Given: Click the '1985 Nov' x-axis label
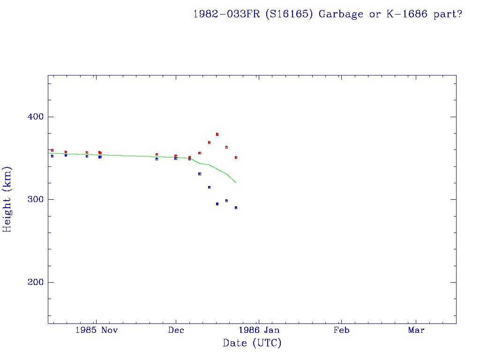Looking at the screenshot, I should click(97, 330).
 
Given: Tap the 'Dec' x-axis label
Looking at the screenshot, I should click(176, 330).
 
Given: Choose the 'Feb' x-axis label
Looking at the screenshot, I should click(341, 330).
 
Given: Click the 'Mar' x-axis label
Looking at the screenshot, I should click(416, 330).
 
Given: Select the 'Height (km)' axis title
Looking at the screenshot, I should click(7, 199).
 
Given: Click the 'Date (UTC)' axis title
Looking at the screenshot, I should click(252, 343).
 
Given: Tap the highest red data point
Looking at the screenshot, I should click(217, 135).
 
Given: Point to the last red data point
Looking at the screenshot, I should click(236, 157).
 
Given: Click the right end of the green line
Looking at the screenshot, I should click(236, 182).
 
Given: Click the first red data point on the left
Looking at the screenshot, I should click(52, 150).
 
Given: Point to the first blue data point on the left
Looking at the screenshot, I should click(52, 156).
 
